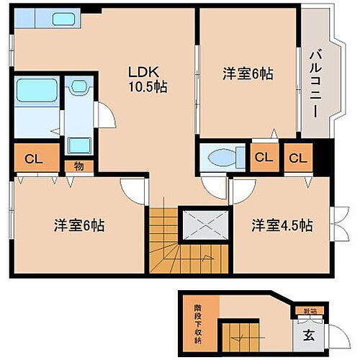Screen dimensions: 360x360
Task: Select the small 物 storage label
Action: pyautogui.click(x=77, y=166)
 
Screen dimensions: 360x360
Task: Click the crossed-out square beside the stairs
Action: pyautogui.click(x=202, y=225)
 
